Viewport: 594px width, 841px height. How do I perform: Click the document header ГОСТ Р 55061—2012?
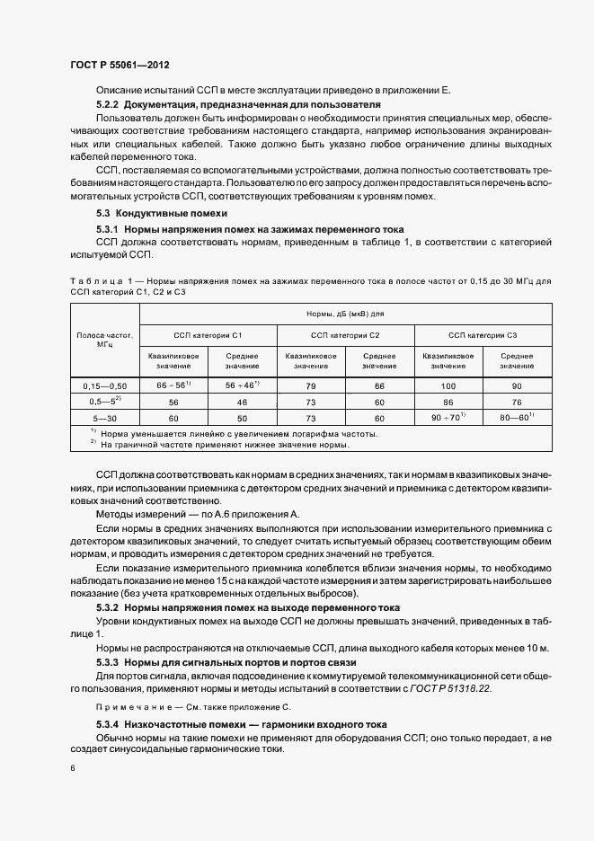coord(119,66)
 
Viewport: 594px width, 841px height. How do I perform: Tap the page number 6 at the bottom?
coord(73,768)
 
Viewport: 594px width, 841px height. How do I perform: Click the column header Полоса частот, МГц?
coord(104,339)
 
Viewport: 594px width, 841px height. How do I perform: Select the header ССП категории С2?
coord(345,335)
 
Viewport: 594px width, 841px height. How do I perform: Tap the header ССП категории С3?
coord(483,335)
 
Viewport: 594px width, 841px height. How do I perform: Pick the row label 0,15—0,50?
coord(104,385)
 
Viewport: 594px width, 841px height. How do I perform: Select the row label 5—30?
coord(104,418)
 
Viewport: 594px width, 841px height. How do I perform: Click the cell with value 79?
coord(311,385)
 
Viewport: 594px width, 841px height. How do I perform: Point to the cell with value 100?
coord(448,385)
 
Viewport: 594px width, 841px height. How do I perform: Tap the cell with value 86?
coord(448,402)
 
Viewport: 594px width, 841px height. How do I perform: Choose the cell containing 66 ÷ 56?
coord(173,385)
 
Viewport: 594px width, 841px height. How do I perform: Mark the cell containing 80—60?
coord(517,418)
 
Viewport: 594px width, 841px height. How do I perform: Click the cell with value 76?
coord(517,402)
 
